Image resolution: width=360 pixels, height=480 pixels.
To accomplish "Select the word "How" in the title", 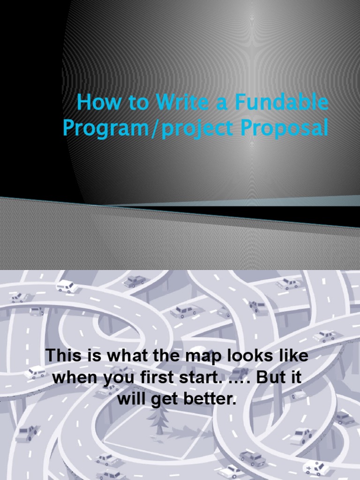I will pyautogui.click(x=96, y=103).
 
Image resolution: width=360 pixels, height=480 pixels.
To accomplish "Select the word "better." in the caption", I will pyautogui.click(x=213, y=400).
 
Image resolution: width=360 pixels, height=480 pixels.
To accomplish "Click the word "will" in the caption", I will pyautogui.click(x=131, y=400).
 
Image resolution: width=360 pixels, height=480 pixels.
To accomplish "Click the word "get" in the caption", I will pyautogui.click(x=164, y=400).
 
